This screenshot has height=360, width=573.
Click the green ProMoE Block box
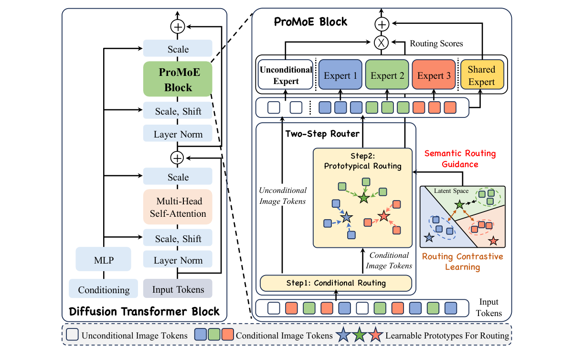[x=178, y=80]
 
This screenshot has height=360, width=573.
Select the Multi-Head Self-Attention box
[x=178, y=207]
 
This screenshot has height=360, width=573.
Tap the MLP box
[x=103, y=261]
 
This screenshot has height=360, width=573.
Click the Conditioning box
[x=104, y=289]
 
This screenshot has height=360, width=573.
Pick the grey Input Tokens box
[x=178, y=289]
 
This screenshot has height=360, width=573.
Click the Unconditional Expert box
[x=286, y=75]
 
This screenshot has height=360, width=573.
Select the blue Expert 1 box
[x=340, y=75]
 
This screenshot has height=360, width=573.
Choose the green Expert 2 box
[x=387, y=75]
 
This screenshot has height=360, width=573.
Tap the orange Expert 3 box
[x=434, y=75]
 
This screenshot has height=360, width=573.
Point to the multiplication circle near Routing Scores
[x=381, y=43]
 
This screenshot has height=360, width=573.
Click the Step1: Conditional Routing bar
[x=336, y=283]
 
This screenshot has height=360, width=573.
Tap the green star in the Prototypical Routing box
[x=364, y=197]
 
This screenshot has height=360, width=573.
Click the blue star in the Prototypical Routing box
[x=346, y=218]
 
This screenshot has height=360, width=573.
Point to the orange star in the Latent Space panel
[x=493, y=241]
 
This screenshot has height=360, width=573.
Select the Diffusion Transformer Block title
[x=144, y=312]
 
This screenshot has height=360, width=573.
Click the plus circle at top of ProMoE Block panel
[x=381, y=24]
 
